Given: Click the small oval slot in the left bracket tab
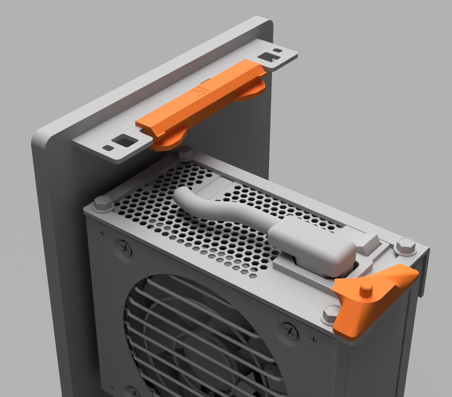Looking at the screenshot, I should pos(108,148).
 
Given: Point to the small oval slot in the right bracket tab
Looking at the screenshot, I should pos(278,50).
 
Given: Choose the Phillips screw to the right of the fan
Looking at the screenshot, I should pos(291,332).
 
